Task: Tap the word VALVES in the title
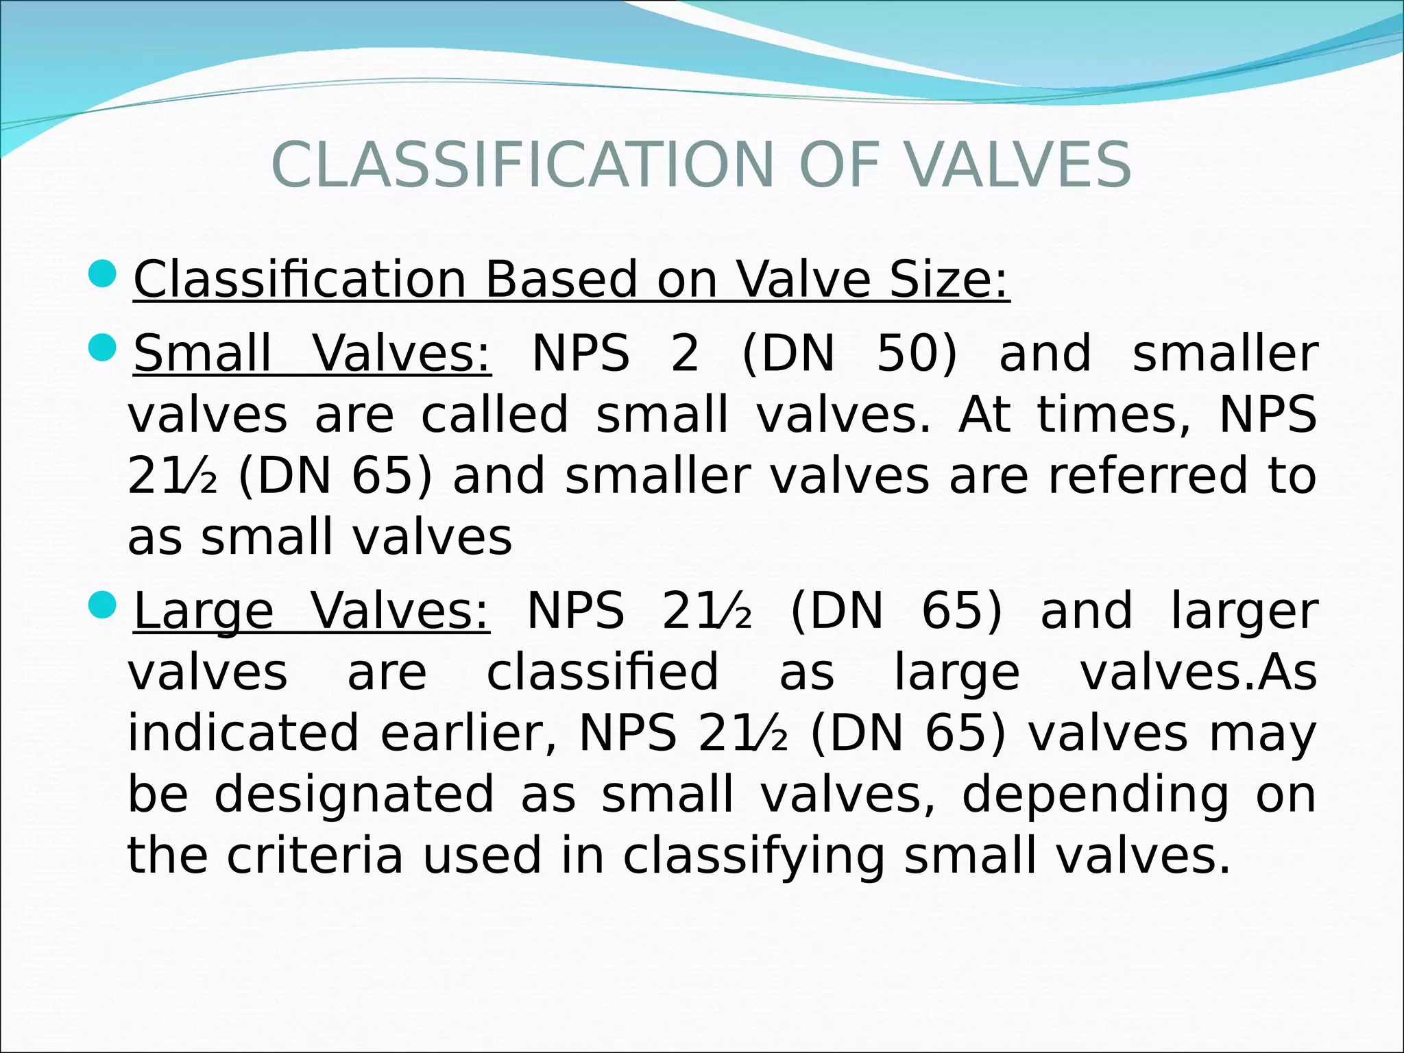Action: coord(1019,165)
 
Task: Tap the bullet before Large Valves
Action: coord(104,605)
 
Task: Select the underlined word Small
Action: coord(203,354)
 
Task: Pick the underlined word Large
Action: coord(204,612)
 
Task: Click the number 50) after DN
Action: coord(916,354)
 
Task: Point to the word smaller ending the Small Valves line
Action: coord(1225,354)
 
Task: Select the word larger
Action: coord(1244,612)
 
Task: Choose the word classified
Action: coord(603,673)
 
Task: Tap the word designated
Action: coord(354,795)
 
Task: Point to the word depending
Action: coord(1096,795)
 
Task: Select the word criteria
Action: coord(315,856)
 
